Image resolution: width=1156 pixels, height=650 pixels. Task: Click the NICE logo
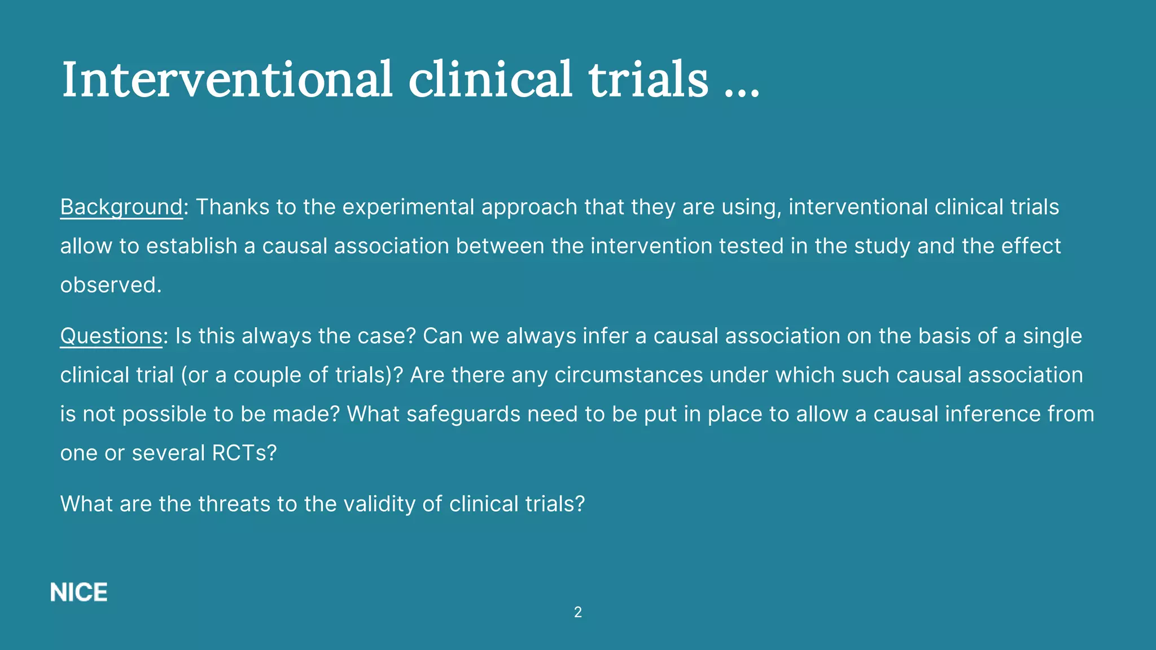click(79, 592)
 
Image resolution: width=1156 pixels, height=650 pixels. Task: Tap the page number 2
click(577, 612)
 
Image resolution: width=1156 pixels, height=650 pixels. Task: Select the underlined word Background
click(121, 208)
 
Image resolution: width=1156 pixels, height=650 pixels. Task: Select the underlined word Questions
click(111, 336)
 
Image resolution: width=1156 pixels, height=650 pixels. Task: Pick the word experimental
click(408, 208)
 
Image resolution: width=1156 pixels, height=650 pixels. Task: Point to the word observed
click(111, 285)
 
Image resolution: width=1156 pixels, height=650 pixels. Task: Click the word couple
click(267, 375)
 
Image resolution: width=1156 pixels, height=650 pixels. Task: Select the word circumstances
click(628, 375)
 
